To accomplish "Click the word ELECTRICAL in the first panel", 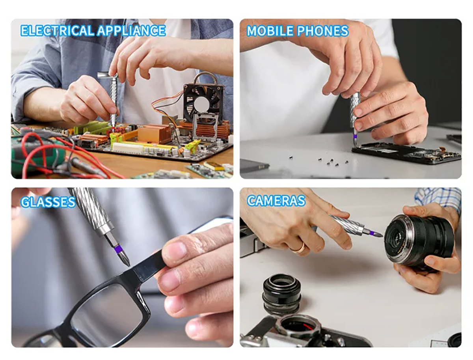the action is point(57,30).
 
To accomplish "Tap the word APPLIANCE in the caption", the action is point(131,30).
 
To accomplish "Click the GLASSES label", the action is point(48,202).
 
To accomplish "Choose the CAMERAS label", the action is point(276,200).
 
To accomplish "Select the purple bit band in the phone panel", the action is point(355,137).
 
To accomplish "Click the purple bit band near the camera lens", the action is point(372,233).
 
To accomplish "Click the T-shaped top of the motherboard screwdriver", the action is point(107,75).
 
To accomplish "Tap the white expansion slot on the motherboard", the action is point(128,148).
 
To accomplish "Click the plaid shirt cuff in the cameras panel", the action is point(438,200).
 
